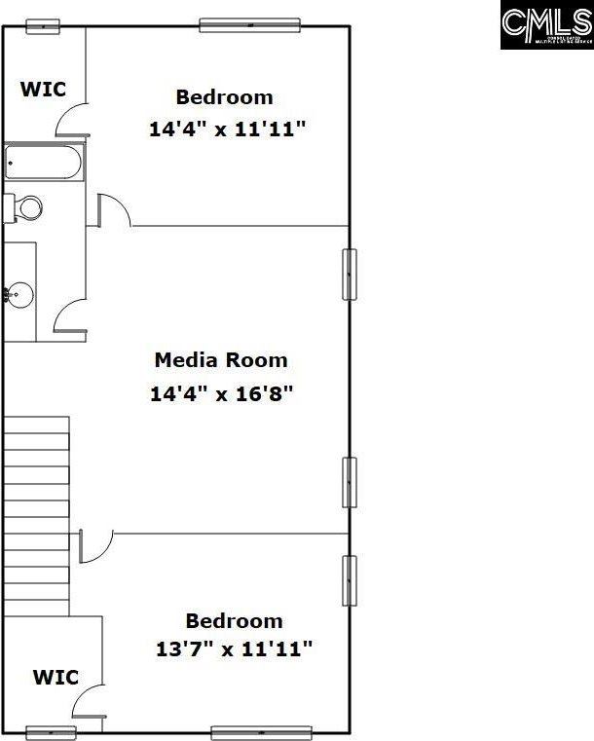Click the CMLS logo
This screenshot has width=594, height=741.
546,25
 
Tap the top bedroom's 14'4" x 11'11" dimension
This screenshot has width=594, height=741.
228,129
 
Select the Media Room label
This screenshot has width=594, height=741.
221,360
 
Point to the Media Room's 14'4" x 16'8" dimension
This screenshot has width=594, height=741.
221,394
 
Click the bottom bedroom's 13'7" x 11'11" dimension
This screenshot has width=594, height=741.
235,649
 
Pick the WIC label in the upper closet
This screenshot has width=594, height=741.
44,90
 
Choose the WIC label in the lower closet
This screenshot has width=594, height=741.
56,676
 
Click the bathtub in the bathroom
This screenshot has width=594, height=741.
44,163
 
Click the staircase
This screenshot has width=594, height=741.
36,516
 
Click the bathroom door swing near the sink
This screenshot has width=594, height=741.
71,315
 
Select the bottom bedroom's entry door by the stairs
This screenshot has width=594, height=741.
95,545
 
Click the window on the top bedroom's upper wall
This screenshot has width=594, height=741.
249,25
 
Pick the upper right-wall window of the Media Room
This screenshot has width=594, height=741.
349,274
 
